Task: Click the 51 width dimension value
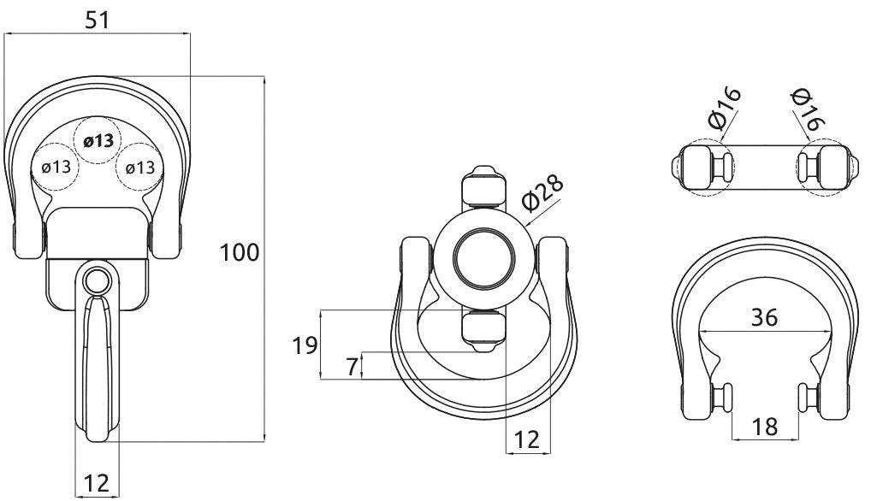click(98, 21)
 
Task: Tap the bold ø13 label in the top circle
click(98, 141)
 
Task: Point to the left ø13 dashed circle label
click(56, 167)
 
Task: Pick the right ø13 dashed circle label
click(140, 167)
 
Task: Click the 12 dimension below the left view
click(98, 483)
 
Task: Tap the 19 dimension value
click(304, 345)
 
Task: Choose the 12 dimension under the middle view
click(528, 439)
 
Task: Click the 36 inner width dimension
click(764, 317)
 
